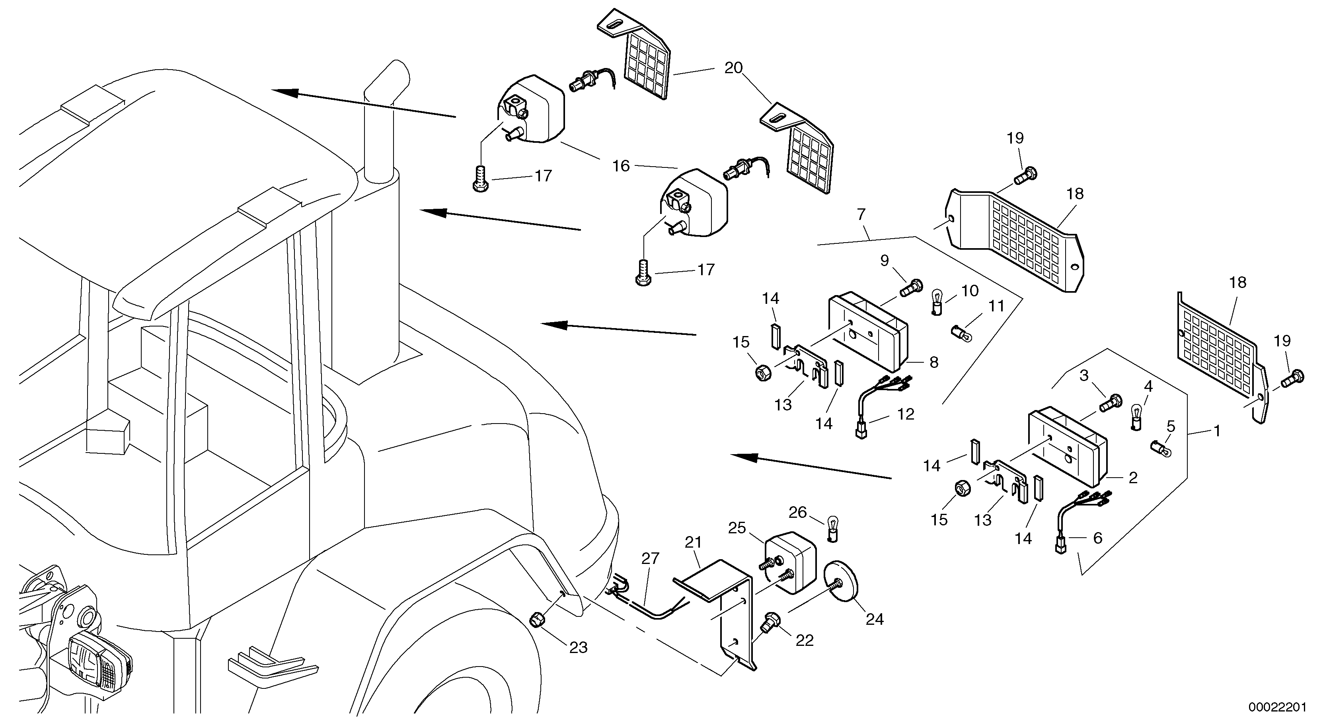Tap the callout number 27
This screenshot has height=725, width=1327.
pyautogui.click(x=651, y=559)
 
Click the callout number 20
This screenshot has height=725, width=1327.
pyautogui.click(x=734, y=68)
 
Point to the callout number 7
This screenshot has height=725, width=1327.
pyautogui.click(x=861, y=214)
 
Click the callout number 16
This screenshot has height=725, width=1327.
pyautogui.click(x=621, y=166)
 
